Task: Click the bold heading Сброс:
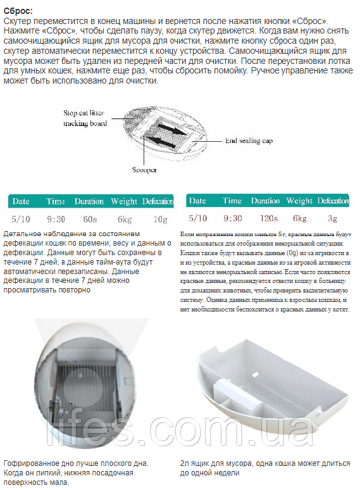(18, 11)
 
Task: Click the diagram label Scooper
(144, 170)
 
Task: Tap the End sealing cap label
(249, 141)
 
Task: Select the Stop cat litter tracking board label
(85, 118)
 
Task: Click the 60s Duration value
(90, 220)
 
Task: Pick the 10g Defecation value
(161, 220)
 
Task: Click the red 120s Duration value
(269, 218)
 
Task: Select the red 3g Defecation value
(333, 218)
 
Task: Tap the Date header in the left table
(21, 201)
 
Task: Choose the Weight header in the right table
(299, 201)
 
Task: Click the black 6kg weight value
(125, 220)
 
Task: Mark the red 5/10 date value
(197, 218)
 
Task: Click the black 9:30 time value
(56, 220)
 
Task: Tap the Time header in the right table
(232, 201)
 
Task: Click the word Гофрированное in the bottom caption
(28, 464)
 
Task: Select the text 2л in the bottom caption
(184, 464)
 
